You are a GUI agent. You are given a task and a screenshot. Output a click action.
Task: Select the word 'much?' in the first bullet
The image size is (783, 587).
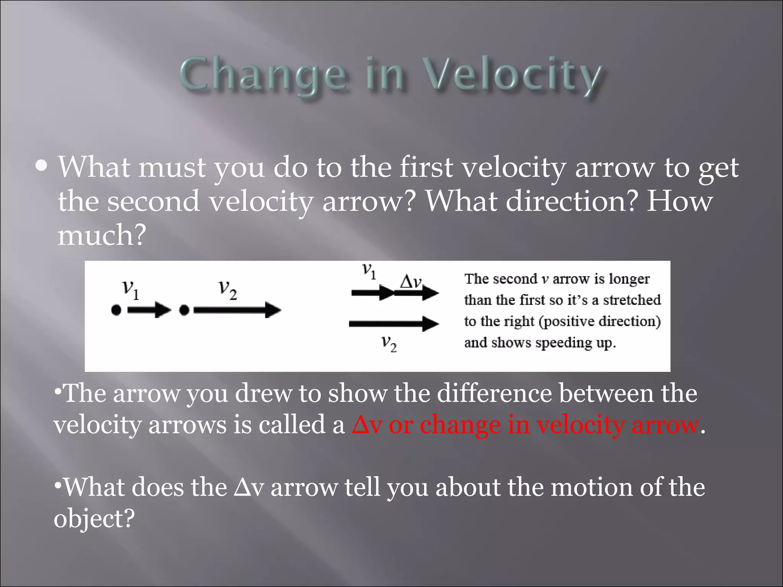(x=102, y=235)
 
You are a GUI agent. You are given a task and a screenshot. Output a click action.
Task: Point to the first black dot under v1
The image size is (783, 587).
(x=116, y=310)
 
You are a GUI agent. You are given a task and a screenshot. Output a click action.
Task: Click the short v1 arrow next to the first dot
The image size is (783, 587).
(x=149, y=310)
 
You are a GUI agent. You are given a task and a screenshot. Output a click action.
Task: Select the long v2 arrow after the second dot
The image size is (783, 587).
(x=237, y=310)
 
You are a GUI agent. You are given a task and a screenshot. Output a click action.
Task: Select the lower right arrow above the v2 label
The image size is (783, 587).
(x=394, y=324)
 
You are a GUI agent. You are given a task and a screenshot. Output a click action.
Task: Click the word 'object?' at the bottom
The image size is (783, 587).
(x=94, y=519)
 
